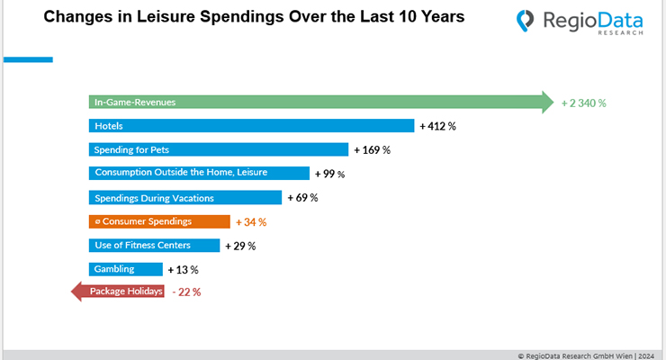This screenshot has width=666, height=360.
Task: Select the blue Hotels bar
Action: [251, 126]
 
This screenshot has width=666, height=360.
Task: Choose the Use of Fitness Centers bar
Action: [154, 245]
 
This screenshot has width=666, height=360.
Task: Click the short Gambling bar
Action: [125, 269]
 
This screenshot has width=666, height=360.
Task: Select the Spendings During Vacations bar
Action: [184, 197]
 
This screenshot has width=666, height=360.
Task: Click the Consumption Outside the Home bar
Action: [199, 173]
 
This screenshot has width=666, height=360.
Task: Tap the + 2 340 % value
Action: [583, 103]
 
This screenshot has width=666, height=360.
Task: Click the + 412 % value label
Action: [438, 126]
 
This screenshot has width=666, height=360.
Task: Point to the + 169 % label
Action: [372, 149]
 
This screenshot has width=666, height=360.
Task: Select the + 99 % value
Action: [329, 174]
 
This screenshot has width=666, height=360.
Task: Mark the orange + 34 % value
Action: [251, 221]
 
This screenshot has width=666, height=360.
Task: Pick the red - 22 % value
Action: [186, 292]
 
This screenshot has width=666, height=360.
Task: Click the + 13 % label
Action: [183, 269]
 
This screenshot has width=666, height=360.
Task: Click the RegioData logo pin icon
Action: [526, 21]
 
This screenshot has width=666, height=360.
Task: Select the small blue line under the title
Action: [27, 60]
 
